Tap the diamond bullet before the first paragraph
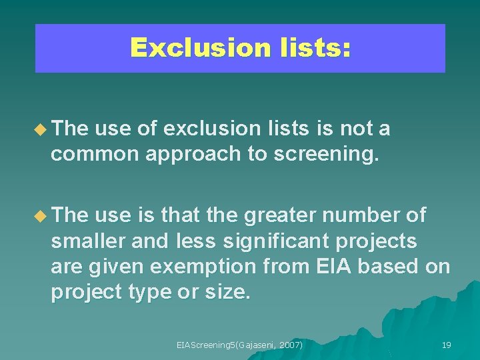43,129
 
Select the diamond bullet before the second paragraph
43,216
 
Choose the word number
374,215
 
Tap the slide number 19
447,345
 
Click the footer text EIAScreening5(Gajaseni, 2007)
239,345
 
